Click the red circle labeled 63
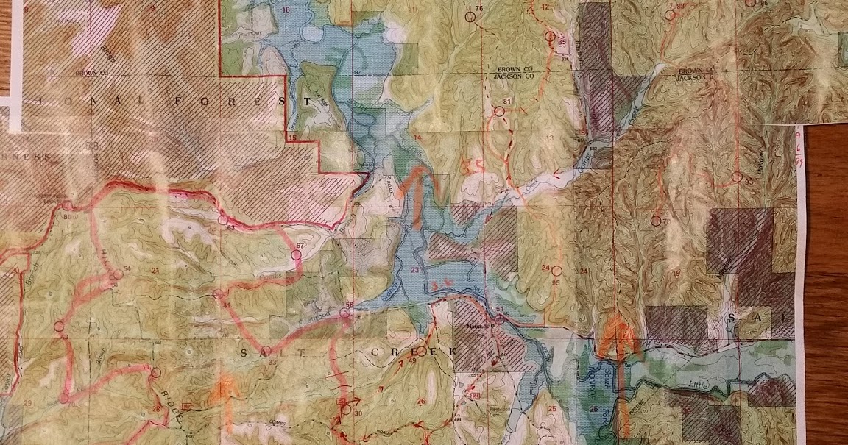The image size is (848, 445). coord(222,218)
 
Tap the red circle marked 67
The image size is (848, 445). coord(297,254)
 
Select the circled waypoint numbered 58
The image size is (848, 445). coord(344,314)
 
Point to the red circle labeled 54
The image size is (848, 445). coord(116,277)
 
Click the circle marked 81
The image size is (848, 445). coord(499,112)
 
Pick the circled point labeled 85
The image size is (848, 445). coord(549,36)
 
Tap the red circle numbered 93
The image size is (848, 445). coord(736,177)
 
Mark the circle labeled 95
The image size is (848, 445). coord(556,270)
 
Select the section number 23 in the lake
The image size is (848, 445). coord(415,272)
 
